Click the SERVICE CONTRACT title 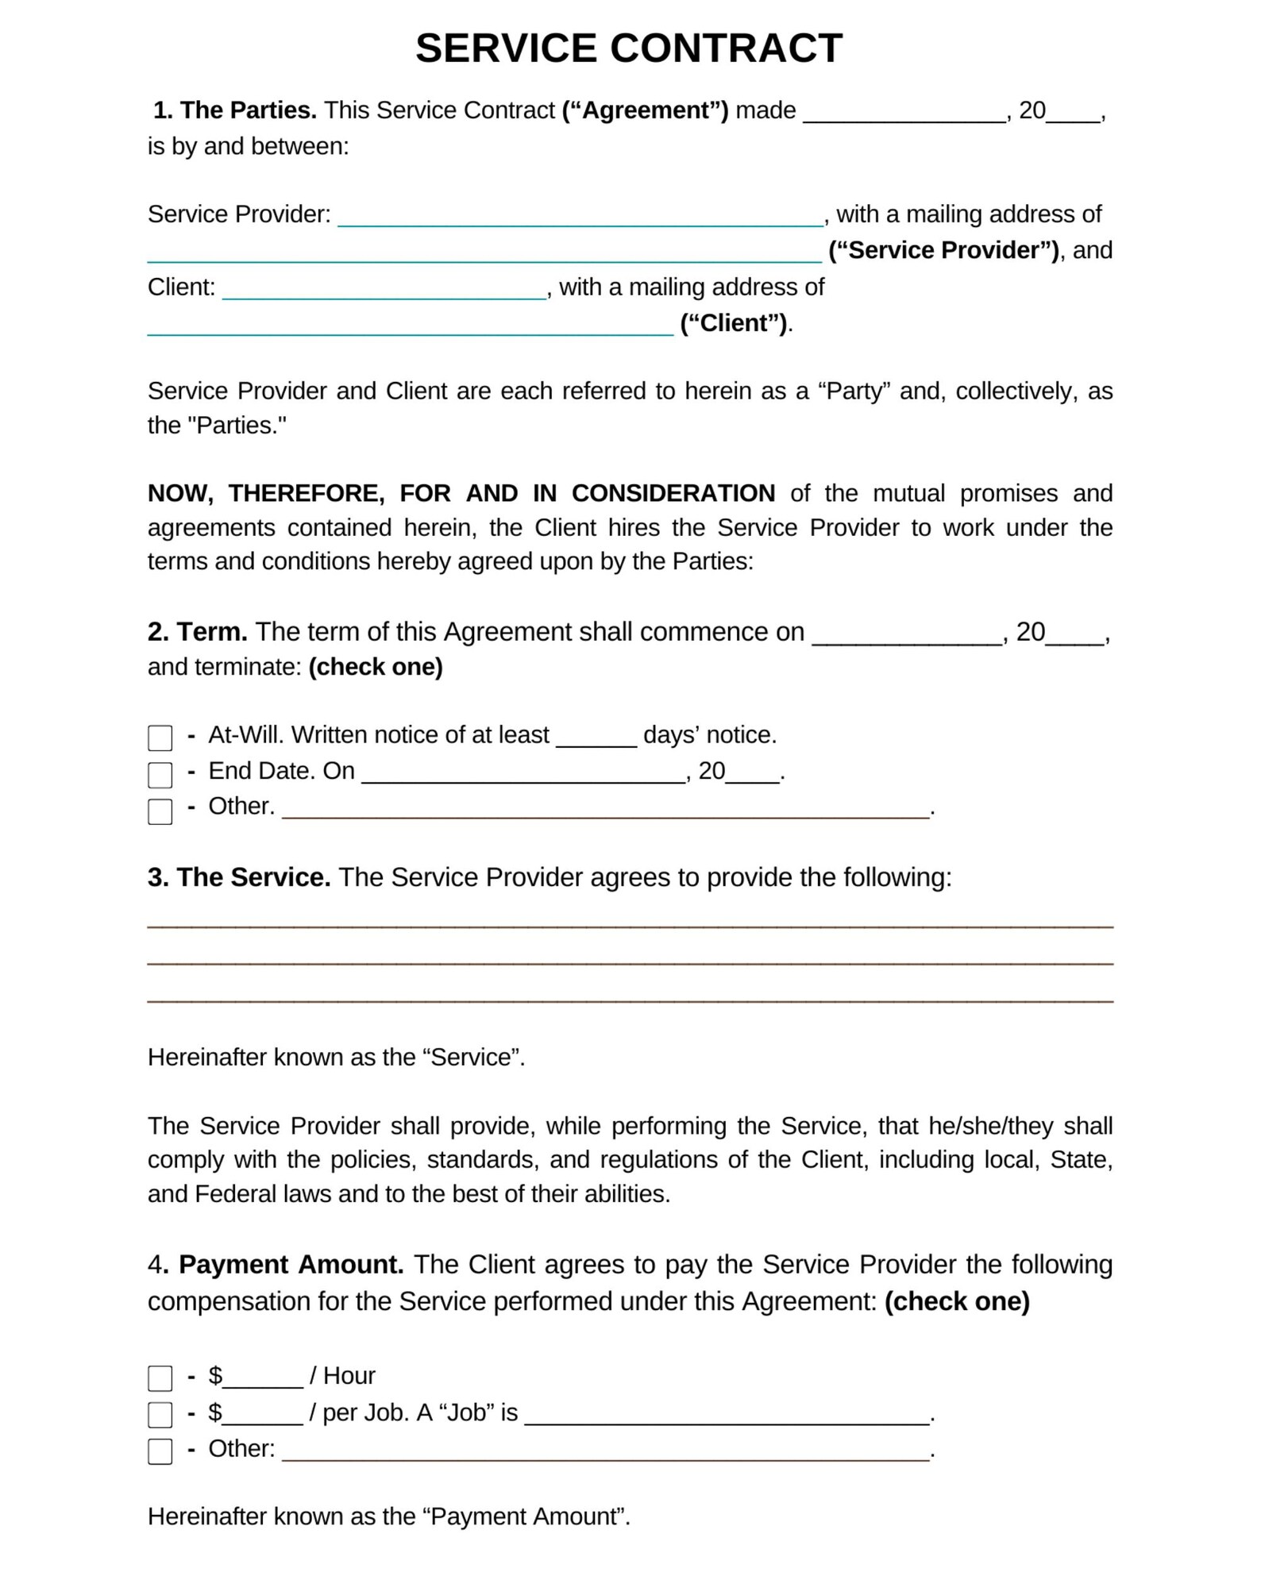629,48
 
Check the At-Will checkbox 160,738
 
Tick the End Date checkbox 160,774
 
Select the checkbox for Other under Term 160,811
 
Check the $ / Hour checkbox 160,1378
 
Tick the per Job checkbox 160,1415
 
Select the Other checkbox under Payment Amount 160,1451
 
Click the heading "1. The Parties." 235,110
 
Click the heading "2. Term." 197,632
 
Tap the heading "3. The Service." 239,877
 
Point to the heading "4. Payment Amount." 276,1264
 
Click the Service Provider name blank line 580,217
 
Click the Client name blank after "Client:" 384,290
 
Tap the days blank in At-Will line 596,738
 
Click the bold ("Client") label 734,323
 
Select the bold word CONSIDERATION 673,493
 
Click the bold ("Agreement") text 645,110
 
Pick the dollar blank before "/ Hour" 263,1378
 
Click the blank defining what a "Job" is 727,1415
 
